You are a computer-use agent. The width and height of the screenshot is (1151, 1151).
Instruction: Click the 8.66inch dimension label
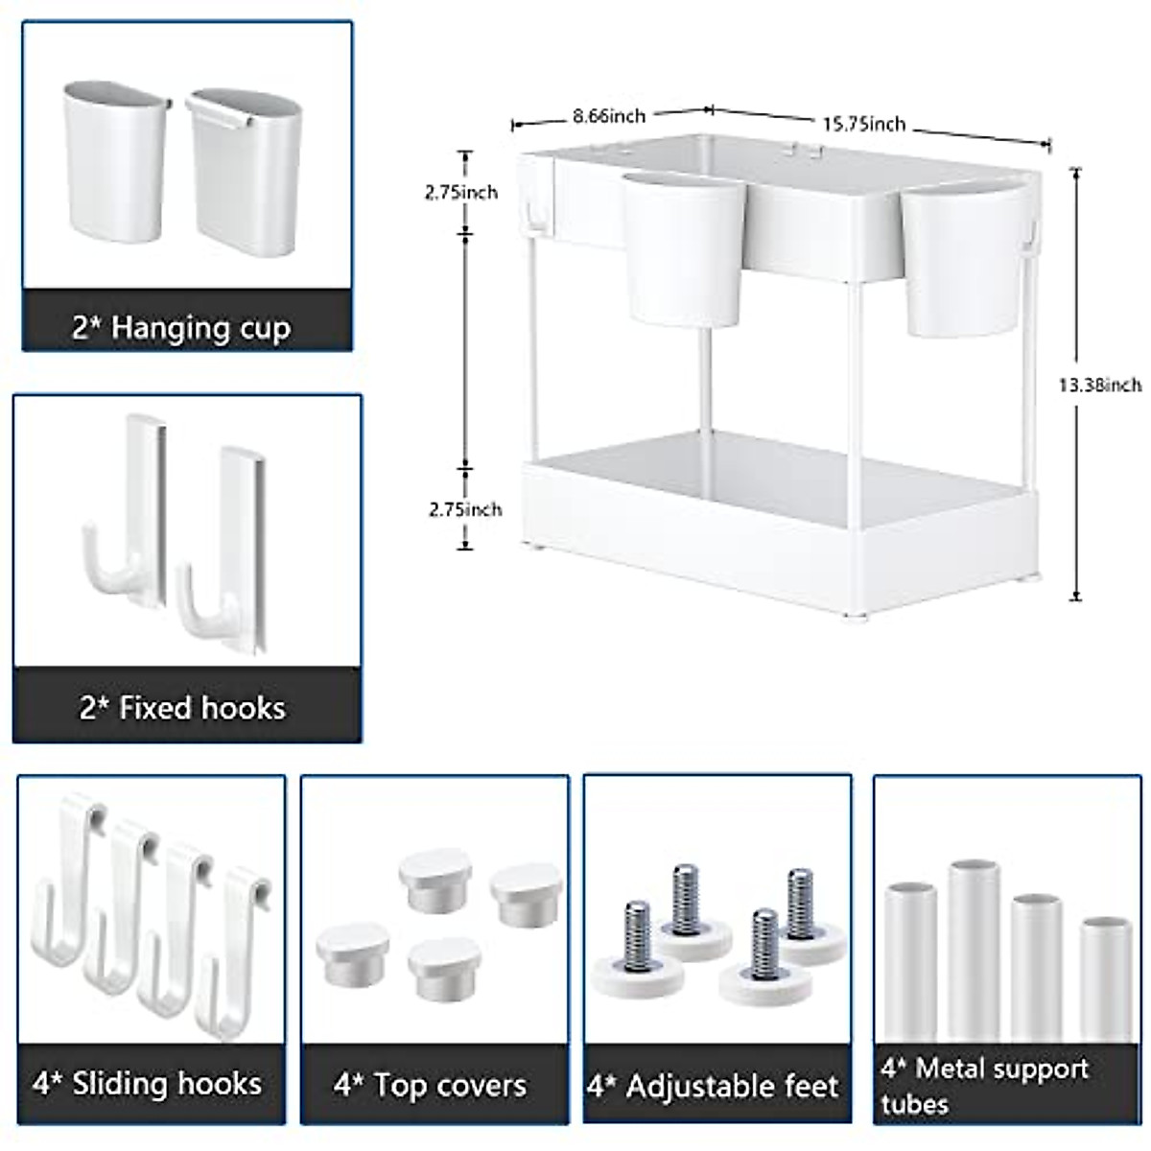[x=609, y=116]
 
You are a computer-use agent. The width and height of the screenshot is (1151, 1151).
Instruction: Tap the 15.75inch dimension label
[x=863, y=124]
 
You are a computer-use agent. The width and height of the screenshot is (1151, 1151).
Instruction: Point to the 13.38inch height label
[x=1100, y=386]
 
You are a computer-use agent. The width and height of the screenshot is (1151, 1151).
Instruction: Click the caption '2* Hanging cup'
[x=181, y=328]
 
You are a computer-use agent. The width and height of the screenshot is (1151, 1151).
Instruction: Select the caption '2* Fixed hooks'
[x=182, y=708]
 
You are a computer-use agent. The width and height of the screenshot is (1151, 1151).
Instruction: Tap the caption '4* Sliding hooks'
[x=147, y=1084]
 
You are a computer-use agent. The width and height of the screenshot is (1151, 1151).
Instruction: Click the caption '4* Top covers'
[x=431, y=1086]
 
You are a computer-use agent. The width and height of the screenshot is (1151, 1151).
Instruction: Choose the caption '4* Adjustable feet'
[x=713, y=1087]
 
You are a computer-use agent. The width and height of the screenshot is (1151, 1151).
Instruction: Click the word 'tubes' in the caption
[x=915, y=1104]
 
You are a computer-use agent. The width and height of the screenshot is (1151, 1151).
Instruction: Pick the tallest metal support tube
[x=974, y=950]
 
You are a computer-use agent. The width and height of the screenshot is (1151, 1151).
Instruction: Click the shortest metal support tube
[x=1106, y=978]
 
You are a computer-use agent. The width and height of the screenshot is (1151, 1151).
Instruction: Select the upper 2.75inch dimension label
[x=461, y=193]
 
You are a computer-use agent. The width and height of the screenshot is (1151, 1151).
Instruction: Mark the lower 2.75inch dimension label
[x=465, y=509]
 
